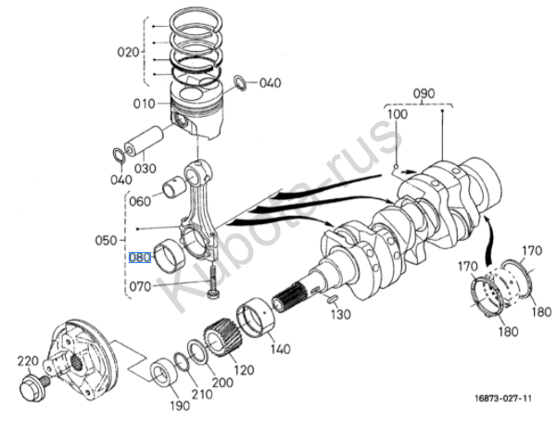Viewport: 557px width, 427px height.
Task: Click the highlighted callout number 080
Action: pyautogui.click(x=140, y=257)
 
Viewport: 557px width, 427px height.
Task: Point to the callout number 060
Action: pyautogui.click(x=140, y=200)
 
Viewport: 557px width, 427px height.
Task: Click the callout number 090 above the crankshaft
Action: pyautogui.click(x=424, y=94)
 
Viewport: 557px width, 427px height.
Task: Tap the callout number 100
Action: pyautogui.click(x=398, y=114)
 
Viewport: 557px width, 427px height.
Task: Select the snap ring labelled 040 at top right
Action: pyautogui.click(x=240, y=83)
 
